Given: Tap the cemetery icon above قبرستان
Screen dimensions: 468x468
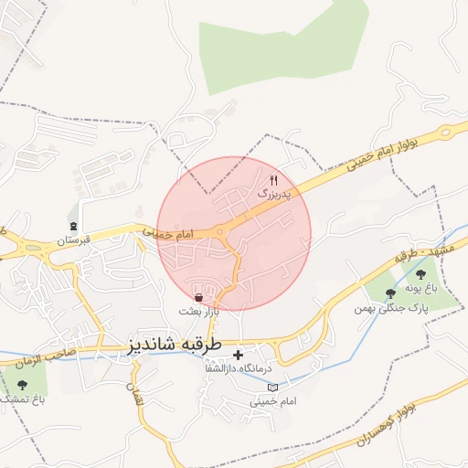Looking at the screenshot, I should pos(73,226).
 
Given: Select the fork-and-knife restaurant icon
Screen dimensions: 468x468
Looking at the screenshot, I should pos(273,180).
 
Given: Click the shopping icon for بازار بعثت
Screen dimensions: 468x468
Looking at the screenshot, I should pos(199,297).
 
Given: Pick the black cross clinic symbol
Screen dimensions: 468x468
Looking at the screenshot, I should pos(239,354).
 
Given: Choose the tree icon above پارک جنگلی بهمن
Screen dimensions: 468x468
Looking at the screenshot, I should pos(390,293).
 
